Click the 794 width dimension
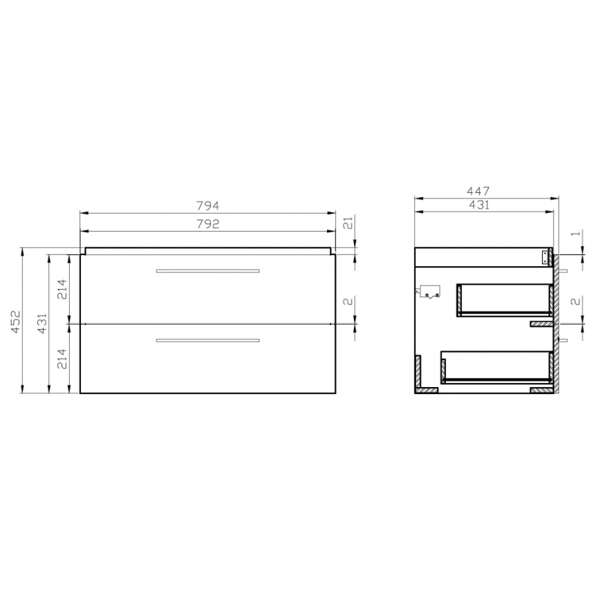pyautogui.click(x=208, y=205)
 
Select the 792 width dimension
pyautogui.click(x=208, y=223)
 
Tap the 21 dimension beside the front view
pyautogui.click(x=348, y=223)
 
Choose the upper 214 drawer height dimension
pyautogui.click(x=62, y=288)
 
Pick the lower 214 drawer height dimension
pyautogui.click(x=62, y=358)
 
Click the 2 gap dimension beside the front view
pyautogui.click(x=348, y=302)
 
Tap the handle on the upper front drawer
pyautogui.click(x=208, y=270)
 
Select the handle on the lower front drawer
pyautogui.click(x=208, y=340)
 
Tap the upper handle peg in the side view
pyautogui.click(x=565, y=272)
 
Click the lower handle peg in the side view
pyautogui.click(x=565, y=340)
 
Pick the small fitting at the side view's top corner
pyautogui.click(x=545, y=258)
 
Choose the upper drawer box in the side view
pyautogui.click(x=505, y=299)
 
